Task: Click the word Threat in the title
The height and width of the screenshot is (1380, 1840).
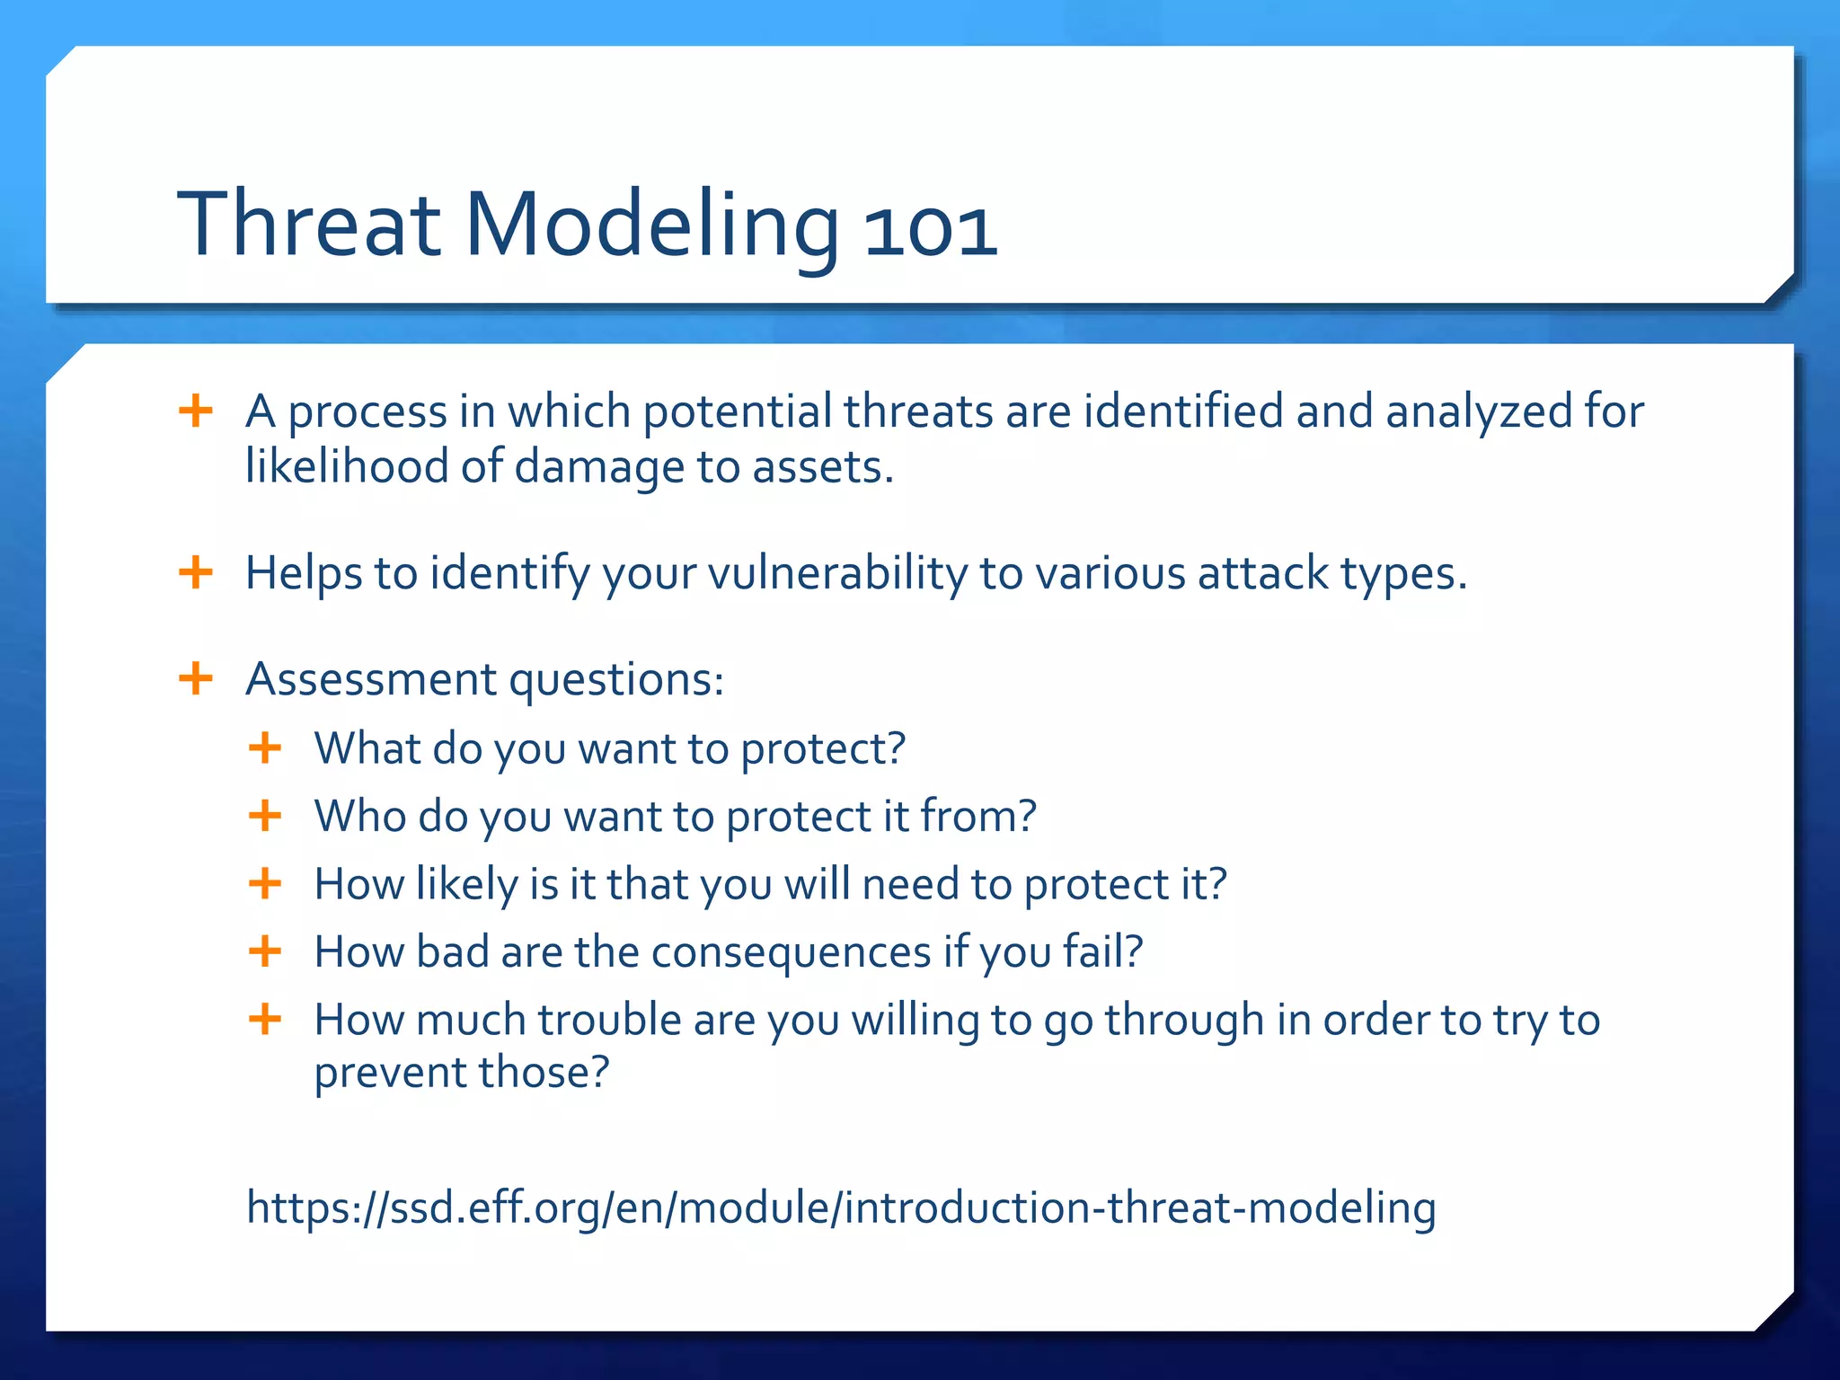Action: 309,224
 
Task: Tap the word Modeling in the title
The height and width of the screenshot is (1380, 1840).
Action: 651,228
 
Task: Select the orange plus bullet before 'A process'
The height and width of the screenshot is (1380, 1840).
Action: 196,411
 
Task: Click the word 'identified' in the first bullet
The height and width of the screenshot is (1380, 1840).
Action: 1183,411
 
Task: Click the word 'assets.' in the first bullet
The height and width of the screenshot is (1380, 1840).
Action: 823,468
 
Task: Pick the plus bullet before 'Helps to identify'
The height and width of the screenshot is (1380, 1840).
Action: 196,572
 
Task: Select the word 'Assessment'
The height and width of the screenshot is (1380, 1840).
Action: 371,678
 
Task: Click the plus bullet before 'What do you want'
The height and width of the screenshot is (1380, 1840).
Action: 265,747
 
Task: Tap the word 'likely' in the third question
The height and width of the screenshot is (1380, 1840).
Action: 467,884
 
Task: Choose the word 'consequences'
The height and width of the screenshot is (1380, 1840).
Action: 792,952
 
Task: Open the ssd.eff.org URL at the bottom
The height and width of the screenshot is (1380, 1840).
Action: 841,1207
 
